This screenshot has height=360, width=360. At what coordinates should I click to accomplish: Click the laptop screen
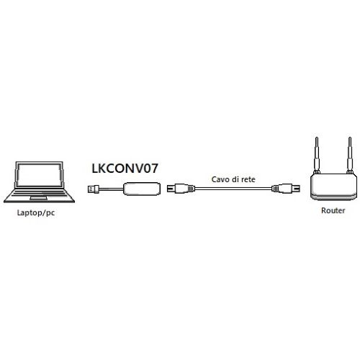tap(40, 175)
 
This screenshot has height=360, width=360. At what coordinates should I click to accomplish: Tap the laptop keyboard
tap(40, 193)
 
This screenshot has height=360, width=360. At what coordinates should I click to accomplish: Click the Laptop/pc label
tap(36, 213)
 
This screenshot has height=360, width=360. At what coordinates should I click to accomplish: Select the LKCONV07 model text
tap(125, 168)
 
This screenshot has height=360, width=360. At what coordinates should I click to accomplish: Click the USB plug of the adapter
tap(94, 189)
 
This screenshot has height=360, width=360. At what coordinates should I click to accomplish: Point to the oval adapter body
tap(142, 189)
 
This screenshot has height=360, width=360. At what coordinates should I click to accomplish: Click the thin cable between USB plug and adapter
tap(112, 189)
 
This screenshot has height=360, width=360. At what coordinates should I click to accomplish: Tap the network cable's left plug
tap(181, 189)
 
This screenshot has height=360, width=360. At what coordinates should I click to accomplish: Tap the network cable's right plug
tap(286, 189)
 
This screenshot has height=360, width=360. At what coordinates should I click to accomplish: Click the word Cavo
tap(220, 179)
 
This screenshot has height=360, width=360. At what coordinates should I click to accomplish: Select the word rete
tap(248, 179)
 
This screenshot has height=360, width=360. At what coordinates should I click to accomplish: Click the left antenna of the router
tap(317, 156)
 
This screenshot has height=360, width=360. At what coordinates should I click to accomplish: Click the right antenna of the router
tap(350, 156)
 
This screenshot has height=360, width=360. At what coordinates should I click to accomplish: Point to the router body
tap(333, 186)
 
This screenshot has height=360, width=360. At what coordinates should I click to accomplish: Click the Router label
tap(333, 210)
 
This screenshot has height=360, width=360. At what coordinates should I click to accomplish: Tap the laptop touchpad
tap(38, 198)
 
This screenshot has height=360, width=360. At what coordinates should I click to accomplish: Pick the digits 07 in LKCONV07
tap(150, 168)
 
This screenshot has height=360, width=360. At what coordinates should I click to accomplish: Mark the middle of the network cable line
tap(233, 189)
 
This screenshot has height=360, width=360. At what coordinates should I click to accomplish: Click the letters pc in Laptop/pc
tap(50, 213)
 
